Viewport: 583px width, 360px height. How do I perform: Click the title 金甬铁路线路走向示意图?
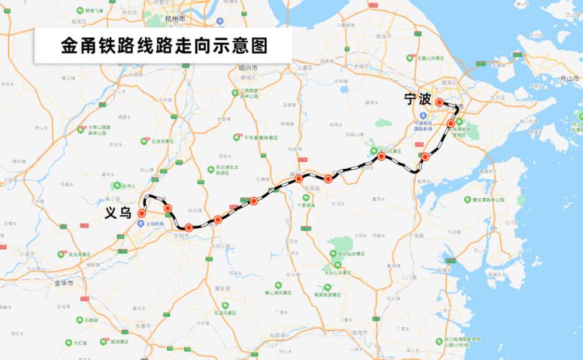[x=164, y=46]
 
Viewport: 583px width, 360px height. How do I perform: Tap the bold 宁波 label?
[x=417, y=100]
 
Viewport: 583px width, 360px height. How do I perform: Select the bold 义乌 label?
[x=118, y=212]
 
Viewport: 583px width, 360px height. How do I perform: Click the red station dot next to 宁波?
[x=439, y=102]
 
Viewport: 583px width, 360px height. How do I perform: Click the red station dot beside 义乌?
[x=141, y=214]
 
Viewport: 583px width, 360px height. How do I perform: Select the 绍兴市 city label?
[x=248, y=68]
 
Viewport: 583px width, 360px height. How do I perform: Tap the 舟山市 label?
[x=567, y=78]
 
